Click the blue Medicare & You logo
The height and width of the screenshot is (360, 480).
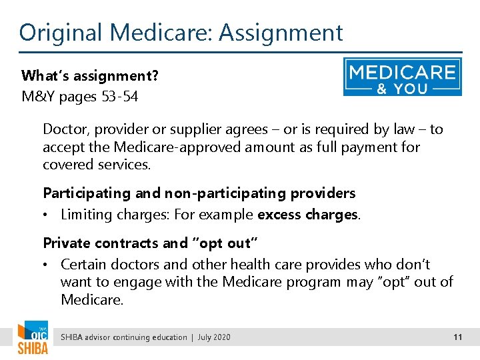click(402, 77)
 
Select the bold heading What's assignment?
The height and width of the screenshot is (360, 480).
click(90, 75)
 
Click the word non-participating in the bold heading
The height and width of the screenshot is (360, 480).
click(217, 193)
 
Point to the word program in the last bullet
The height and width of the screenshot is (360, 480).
click(313, 282)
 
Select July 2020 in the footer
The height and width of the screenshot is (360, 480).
click(213, 337)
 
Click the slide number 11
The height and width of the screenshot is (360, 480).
click(457, 337)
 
